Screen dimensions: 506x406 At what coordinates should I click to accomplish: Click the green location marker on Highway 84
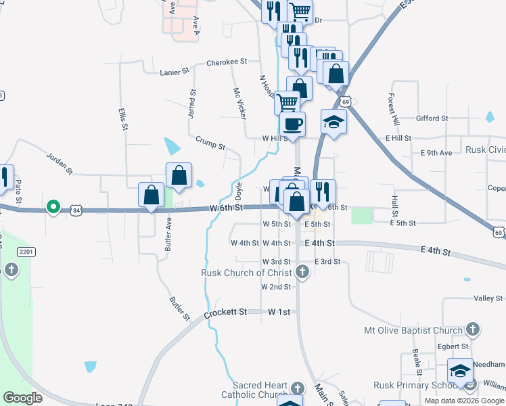tap(53, 206)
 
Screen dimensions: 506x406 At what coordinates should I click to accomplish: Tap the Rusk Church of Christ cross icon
tap(302, 273)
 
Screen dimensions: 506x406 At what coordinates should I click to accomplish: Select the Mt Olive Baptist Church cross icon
tap(473, 330)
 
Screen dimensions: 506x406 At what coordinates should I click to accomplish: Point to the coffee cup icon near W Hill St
tap(293, 125)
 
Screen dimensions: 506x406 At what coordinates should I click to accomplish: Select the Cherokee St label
tap(227, 62)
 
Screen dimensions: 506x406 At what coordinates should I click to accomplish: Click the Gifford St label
tap(432, 118)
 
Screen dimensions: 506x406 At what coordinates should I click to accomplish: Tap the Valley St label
tap(484, 298)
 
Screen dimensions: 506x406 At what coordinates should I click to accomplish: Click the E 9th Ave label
tap(436, 153)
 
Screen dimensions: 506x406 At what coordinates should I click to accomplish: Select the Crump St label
tap(210, 142)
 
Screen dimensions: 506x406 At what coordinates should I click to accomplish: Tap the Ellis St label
tap(123, 118)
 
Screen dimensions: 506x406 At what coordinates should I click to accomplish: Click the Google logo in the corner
tap(22, 398)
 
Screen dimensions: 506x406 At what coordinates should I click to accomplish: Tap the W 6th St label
tap(226, 206)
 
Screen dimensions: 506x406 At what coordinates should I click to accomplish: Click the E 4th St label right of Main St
tap(319, 243)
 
